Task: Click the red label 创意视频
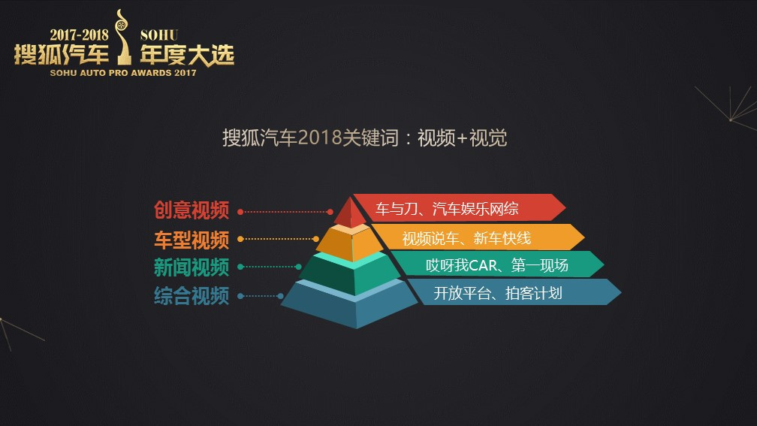pyautogui.click(x=192, y=210)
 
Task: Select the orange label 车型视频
pyautogui.click(x=192, y=240)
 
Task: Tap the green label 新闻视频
pyautogui.click(x=192, y=267)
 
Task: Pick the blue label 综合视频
pyautogui.click(x=192, y=295)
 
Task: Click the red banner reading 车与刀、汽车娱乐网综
pyautogui.click(x=459, y=207)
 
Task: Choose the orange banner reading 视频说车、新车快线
pyautogui.click(x=478, y=237)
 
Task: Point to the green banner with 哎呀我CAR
pyautogui.click(x=497, y=264)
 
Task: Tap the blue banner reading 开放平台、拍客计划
pyautogui.click(x=514, y=292)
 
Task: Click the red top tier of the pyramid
pyautogui.click(x=351, y=213)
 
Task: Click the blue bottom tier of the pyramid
pyautogui.click(x=350, y=304)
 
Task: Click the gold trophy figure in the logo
pyautogui.click(x=124, y=38)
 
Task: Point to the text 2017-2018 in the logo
pyautogui.click(x=79, y=35)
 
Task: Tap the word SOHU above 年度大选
pyautogui.click(x=159, y=35)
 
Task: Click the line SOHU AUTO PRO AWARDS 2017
pyautogui.click(x=123, y=73)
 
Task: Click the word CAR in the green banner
pyautogui.click(x=483, y=265)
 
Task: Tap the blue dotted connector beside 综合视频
pyautogui.click(x=261, y=296)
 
